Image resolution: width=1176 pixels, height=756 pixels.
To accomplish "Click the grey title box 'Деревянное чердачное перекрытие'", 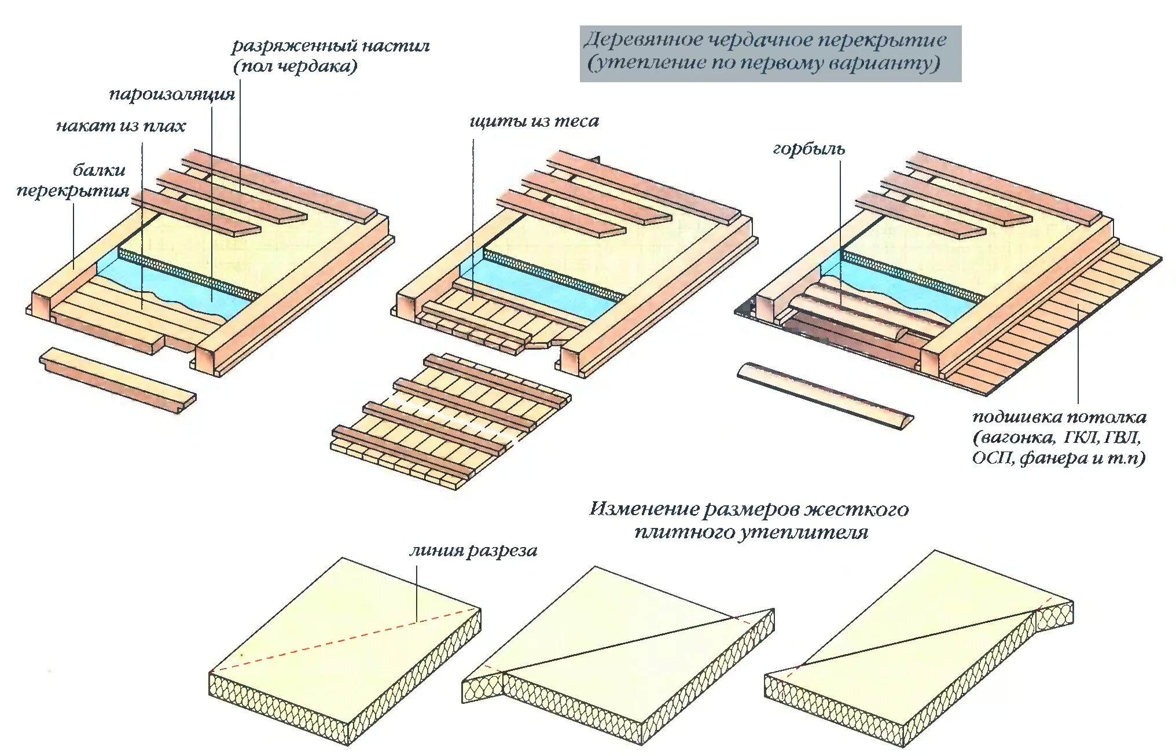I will [770, 53].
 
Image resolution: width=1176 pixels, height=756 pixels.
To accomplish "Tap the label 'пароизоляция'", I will [172, 94].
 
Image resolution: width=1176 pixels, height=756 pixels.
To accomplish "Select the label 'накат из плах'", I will [120, 126].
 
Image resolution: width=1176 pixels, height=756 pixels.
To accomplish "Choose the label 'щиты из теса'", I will [534, 122].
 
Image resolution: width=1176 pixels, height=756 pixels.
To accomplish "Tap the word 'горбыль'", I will [808, 149].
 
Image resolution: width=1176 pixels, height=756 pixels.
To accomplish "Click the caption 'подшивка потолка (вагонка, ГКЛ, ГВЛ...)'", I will [1059, 438].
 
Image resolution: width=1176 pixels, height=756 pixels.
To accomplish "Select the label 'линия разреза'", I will [473, 551].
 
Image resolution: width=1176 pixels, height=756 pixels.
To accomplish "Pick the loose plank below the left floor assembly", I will [117, 380].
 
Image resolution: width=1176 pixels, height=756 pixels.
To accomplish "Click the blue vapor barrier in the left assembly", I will [174, 284].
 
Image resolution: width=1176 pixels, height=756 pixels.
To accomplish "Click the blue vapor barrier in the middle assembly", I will [538, 289].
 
